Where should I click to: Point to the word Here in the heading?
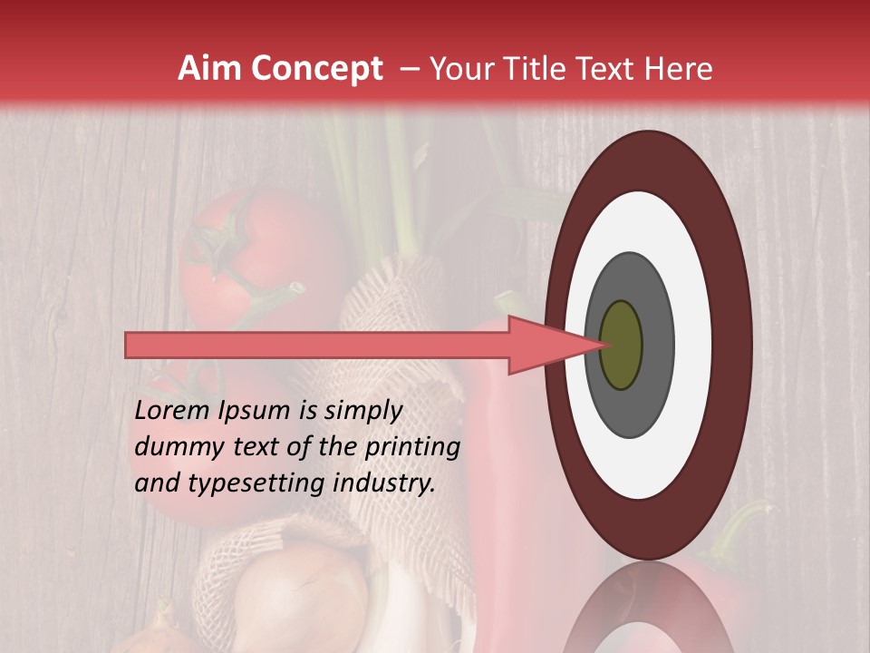pos(678,69)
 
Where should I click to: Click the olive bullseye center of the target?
pos(621,345)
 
